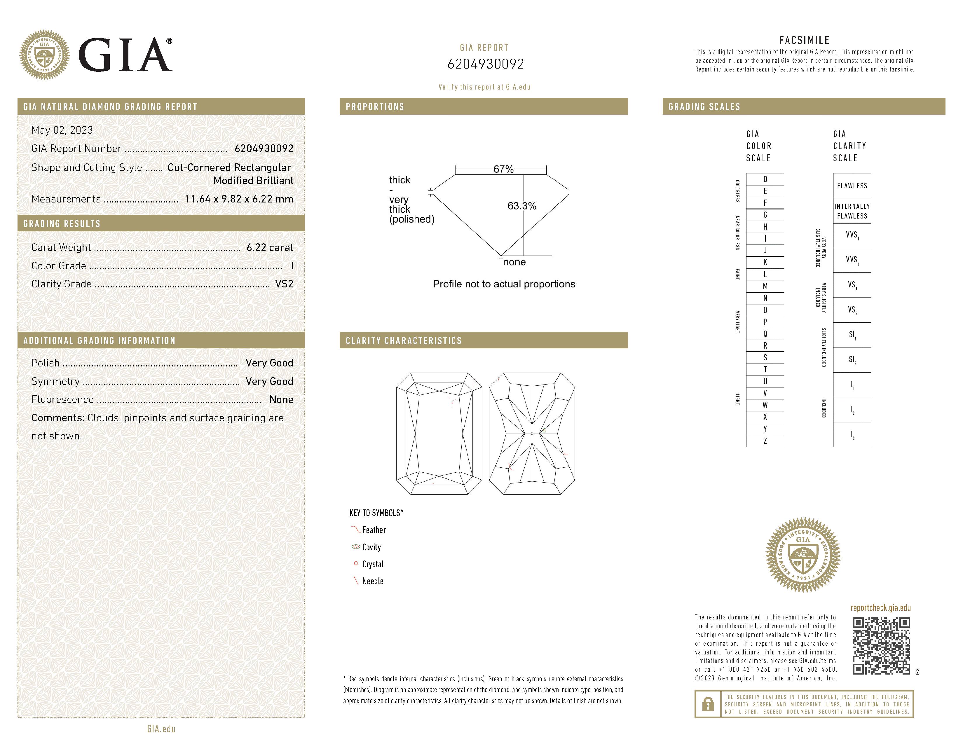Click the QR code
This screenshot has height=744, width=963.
[881, 646]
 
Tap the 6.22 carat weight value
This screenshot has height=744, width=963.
[269, 248]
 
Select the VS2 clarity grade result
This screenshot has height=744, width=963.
[284, 284]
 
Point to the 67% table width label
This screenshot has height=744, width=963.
[503, 169]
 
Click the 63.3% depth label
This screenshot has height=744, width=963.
[522, 206]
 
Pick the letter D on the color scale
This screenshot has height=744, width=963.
[765, 179]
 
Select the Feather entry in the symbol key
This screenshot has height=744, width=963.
[374, 530]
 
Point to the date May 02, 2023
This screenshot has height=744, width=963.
[62, 130]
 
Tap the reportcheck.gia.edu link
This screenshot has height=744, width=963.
[880, 608]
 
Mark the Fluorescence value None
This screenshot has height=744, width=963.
[281, 400]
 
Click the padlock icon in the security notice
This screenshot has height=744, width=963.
[708, 704]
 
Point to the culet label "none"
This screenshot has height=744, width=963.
[514, 262]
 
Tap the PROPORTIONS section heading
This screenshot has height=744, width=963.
[375, 107]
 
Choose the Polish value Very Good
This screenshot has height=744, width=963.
[269, 363]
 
